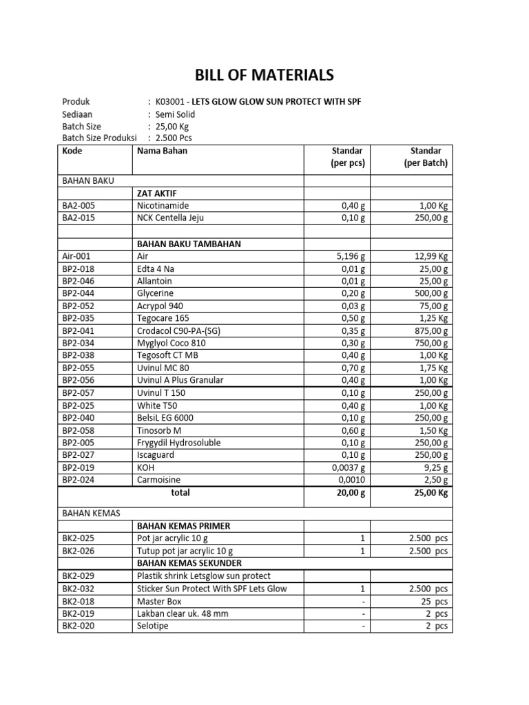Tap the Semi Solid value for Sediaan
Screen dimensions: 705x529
176,114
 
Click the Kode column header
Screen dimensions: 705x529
72,151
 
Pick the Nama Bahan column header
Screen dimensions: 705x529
162,151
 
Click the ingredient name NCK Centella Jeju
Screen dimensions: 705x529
170,218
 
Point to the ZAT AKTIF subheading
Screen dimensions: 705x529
158,193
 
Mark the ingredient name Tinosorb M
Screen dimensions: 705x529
159,430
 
